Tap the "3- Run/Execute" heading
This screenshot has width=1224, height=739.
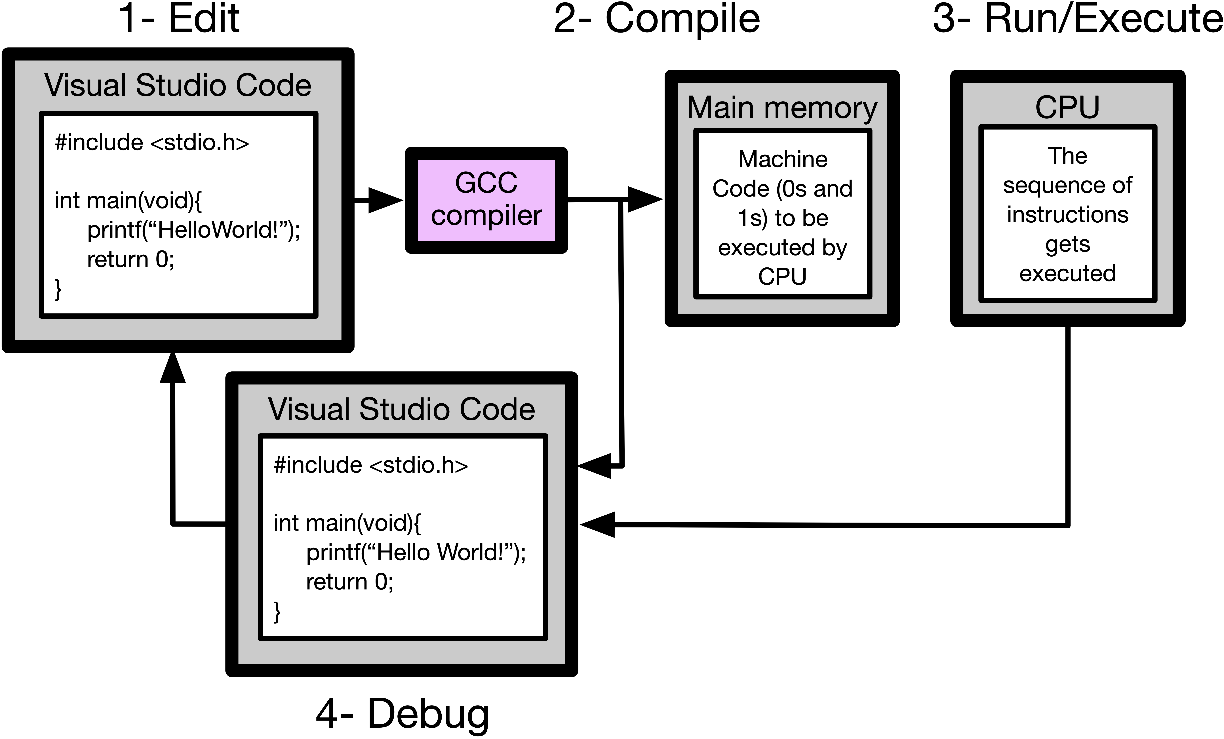[1077, 19]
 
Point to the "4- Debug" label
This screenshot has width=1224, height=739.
[402, 714]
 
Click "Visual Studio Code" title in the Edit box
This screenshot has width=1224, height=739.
[178, 85]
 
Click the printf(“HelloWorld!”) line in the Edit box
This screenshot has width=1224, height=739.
[194, 230]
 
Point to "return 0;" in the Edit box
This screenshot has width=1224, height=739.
[131, 259]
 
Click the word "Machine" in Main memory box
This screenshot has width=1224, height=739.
[782, 159]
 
